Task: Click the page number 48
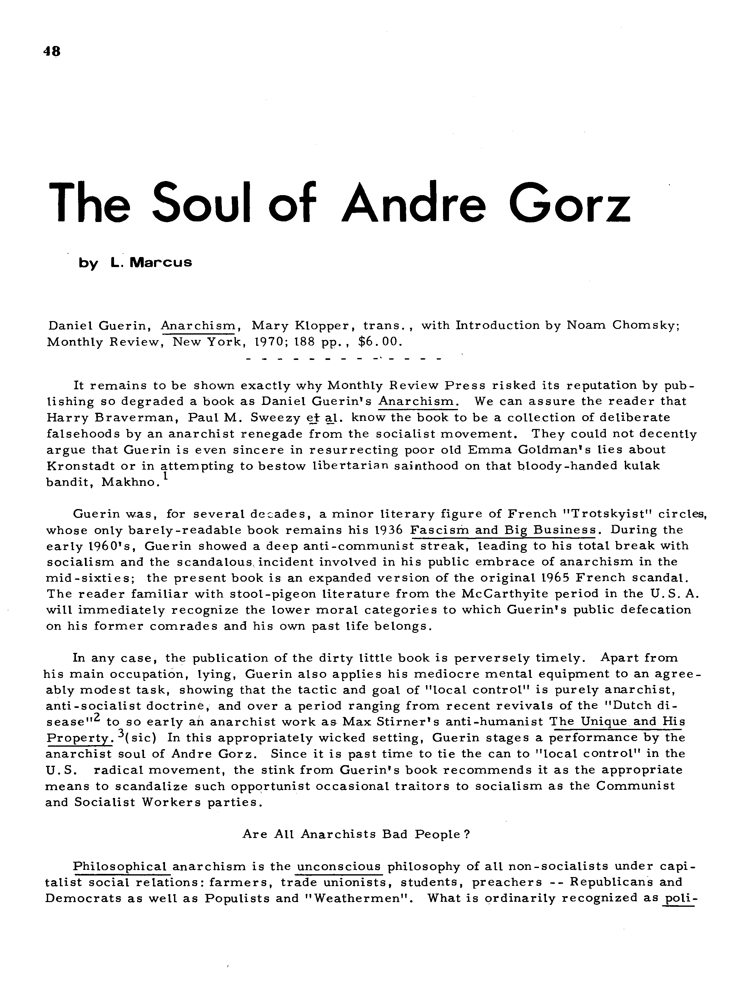tap(52, 51)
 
